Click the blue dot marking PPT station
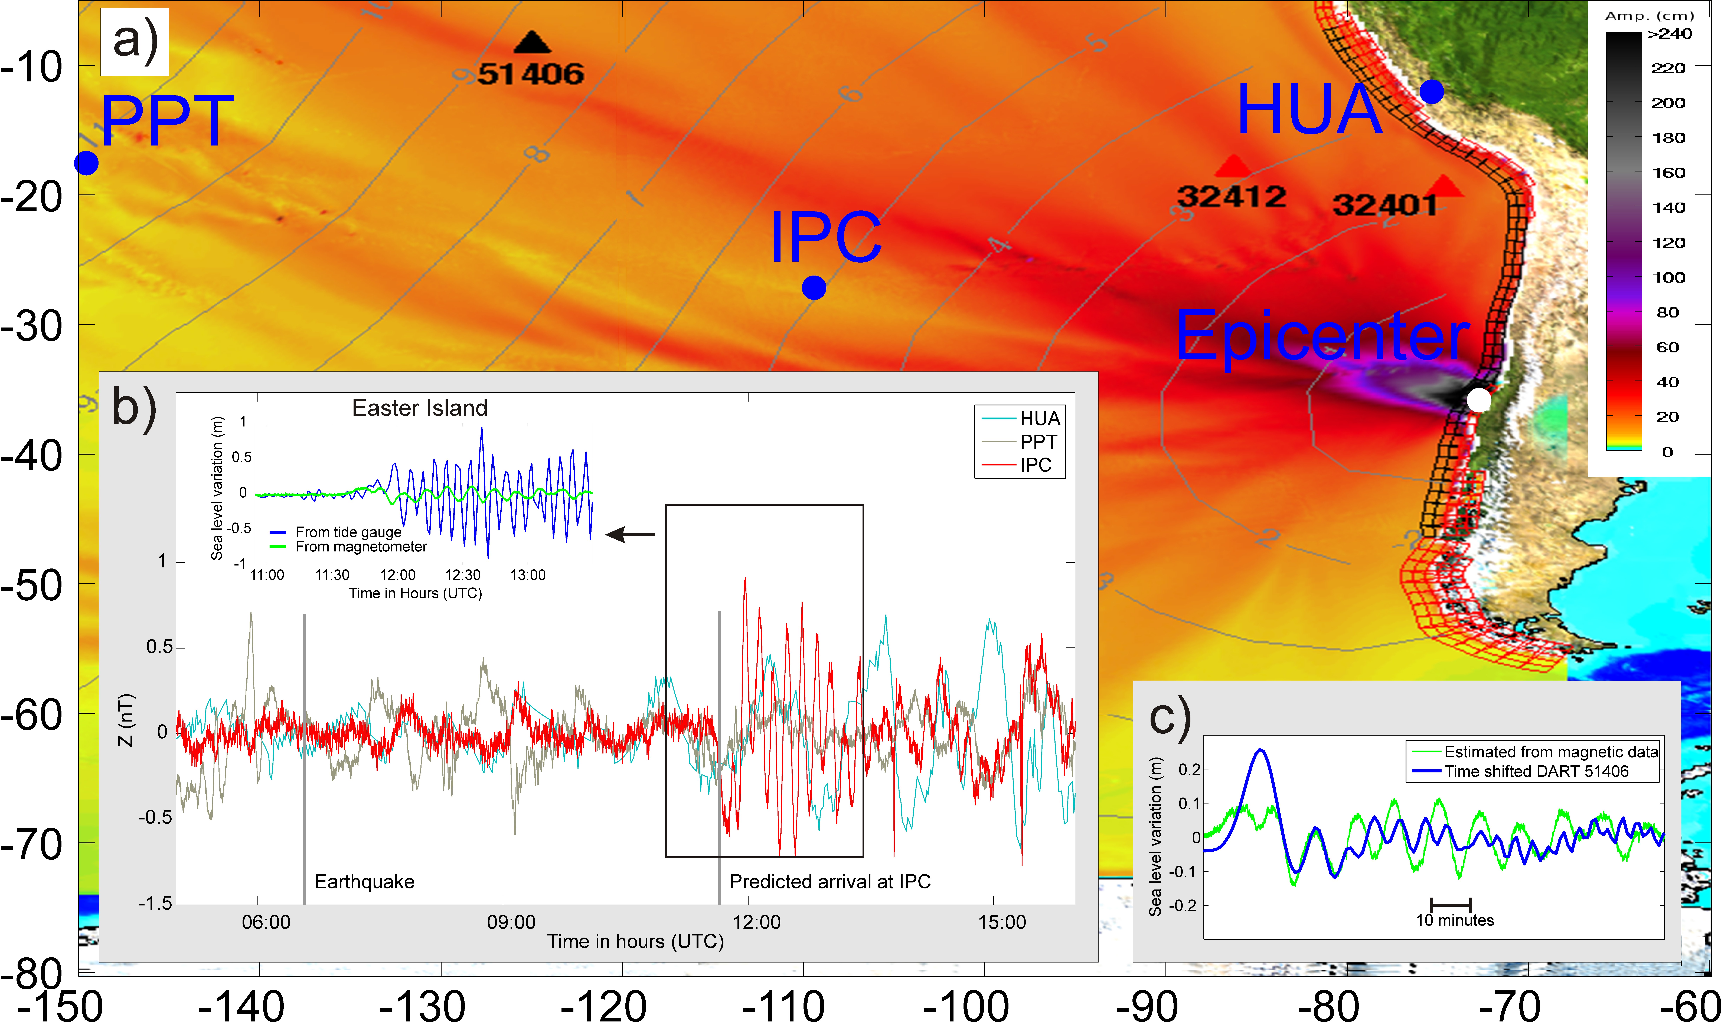click(x=86, y=163)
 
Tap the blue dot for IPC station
click(x=814, y=288)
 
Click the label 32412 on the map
click(x=1231, y=197)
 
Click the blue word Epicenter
click(x=1321, y=336)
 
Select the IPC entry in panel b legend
click(x=1036, y=465)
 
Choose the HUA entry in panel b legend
click(x=1040, y=419)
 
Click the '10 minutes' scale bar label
click(x=1454, y=920)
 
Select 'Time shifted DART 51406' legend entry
click(x=1536, y=771)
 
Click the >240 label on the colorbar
click(x=1669, y=34)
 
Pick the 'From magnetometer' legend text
click(x=361, y=547)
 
